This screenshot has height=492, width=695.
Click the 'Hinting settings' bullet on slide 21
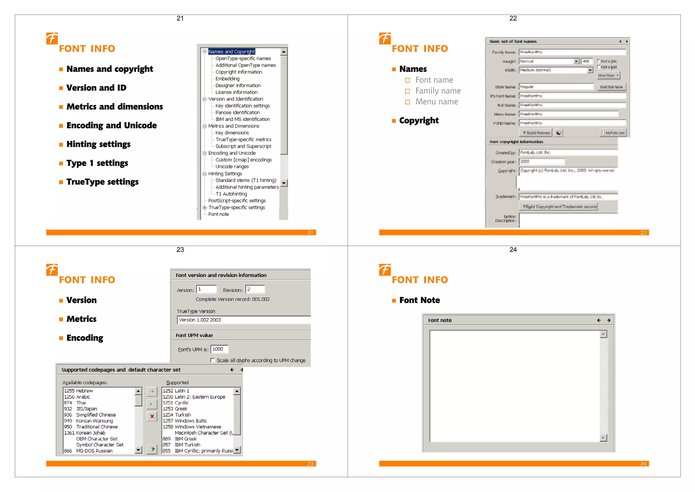(98, 144)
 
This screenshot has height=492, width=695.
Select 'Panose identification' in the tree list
(238, 112)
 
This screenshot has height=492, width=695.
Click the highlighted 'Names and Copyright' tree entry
(231, 52)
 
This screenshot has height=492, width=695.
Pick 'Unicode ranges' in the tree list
(232, 166)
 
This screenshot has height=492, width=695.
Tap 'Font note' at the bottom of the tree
(219, 214)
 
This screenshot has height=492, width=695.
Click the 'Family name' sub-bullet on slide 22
(438, 91)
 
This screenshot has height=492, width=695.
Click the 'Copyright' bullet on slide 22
(419, 121)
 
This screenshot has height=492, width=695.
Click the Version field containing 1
(206, 289)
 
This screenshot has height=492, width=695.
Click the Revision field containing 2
(255, 289)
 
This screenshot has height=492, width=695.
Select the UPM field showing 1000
(219, 349)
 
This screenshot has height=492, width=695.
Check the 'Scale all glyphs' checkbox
(213, 360)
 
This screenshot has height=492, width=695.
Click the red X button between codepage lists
(152, 416)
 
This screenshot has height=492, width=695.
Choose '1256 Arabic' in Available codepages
(77, 397)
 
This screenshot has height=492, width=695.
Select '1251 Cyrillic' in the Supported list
(176, 403)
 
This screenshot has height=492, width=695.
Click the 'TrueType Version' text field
(243, 320)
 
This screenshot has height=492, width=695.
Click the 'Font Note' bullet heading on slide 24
(419, 300)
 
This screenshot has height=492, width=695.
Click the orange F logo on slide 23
(52, 270)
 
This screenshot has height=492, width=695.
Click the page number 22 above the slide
(513, 18)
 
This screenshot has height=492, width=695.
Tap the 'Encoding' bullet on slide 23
(85, 338)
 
